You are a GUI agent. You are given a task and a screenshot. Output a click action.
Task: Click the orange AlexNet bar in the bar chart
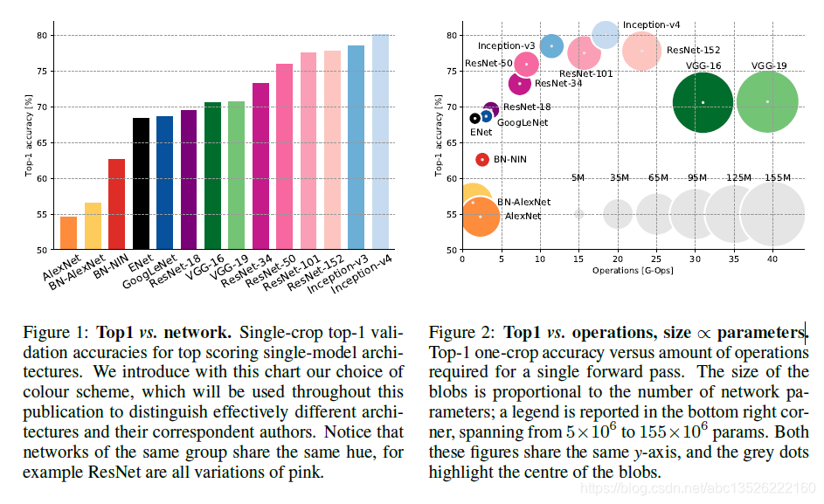point(68,233)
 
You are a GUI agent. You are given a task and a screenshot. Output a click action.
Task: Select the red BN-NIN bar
point(116,204)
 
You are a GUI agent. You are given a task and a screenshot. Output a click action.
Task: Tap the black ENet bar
point(141,183)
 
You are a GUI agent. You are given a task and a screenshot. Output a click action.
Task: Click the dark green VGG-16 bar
point(212,176)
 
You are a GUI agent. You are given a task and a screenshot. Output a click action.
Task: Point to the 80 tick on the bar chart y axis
point(42,36)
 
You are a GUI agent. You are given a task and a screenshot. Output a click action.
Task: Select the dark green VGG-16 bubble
point(702,103)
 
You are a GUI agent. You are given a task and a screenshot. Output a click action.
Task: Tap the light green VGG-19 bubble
point(767,103)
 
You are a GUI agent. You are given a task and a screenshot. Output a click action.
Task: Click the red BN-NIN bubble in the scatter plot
point(481,160)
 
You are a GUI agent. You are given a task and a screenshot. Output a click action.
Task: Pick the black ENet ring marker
point(474,118)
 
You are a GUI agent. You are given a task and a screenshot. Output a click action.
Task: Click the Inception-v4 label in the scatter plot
point(651,24)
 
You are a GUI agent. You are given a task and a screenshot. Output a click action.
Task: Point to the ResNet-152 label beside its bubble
point(693,51)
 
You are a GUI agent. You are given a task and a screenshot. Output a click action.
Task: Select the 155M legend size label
point(777,177)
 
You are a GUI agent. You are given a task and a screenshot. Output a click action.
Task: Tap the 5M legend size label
point(578,177)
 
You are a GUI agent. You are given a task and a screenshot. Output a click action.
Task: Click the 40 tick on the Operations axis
point(773,258)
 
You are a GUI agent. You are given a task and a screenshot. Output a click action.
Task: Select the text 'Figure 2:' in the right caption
point(460,333)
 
